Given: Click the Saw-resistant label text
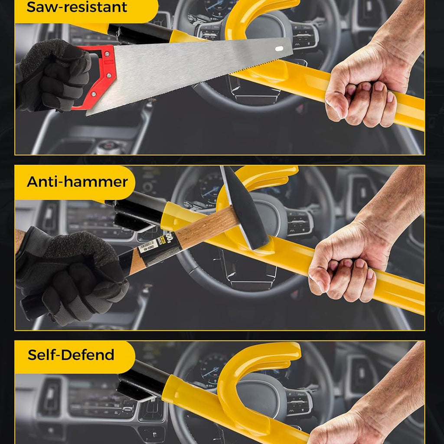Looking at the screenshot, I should [x=77, y=7].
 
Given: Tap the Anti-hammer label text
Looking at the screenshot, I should [x=77, y=181].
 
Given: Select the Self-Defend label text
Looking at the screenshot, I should [x=71, y=355].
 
